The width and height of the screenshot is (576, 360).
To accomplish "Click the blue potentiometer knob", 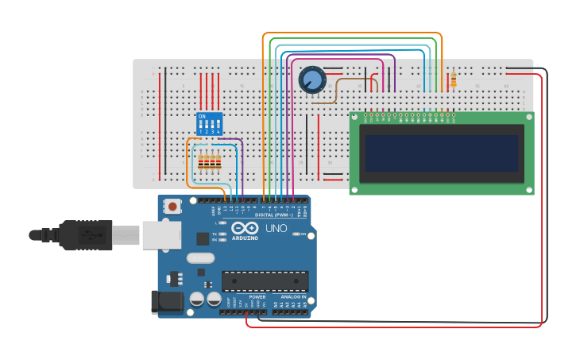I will pyautogui.click(x=311, y=79).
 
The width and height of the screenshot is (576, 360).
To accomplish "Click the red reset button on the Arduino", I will pyautogui.click(x=172, y=207).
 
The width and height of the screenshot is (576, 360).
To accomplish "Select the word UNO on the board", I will pyautogui.click(x=276, y=229).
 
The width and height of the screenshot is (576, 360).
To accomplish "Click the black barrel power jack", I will pyautogui.click(x=165, y=302).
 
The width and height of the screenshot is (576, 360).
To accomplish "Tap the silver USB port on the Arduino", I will pyautogui.click(x=161, y=234).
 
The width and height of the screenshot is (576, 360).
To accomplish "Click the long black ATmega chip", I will pyautogui.click(x=265, y=281).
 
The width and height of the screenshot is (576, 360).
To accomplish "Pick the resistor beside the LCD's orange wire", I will pyautogui.click(x=454, y=80).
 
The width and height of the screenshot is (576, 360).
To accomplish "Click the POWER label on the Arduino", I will pyautogui.click(x=257, y=296).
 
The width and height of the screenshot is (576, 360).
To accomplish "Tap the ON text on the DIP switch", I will pyautogui.click(x=202, y=117).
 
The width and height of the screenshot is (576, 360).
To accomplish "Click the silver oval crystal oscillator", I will pyautogui.click(x=201, y=257).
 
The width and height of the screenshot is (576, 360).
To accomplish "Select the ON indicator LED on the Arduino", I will pyautogui.click(x=296, y=234).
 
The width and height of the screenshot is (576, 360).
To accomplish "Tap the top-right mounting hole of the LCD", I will pyautogui.click(x=530, y=116).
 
